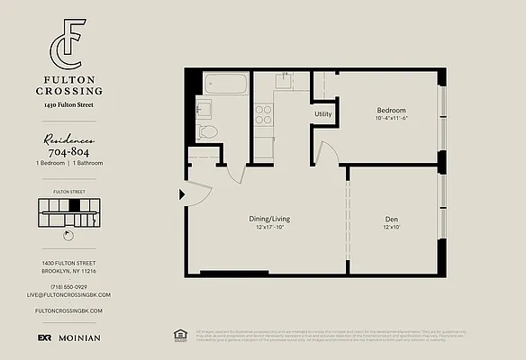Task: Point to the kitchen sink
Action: point(283,79)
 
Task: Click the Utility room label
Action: point(322,114)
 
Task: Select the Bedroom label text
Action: point(391,111)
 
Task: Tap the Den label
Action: point(391,219)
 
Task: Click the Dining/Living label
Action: point(270,219)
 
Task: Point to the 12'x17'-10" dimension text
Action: point(270,227)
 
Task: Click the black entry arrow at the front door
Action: point(183,193)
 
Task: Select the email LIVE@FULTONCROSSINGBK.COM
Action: point(68,294)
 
